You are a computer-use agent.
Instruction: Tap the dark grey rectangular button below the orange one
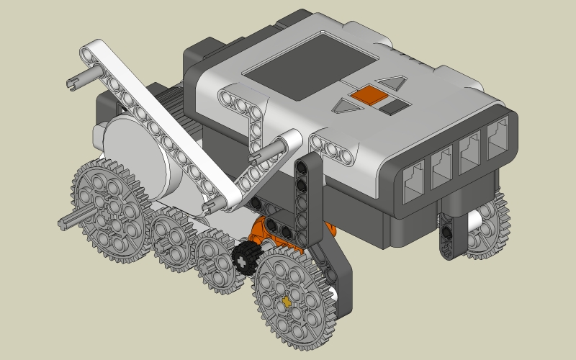tap(395, 107)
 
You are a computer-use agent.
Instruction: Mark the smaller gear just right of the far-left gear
tap(174, 240)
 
